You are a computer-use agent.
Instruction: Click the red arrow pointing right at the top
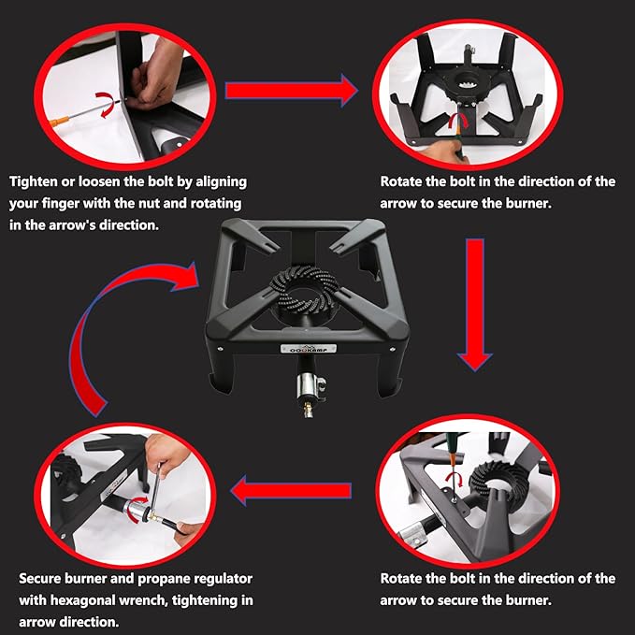click(x=292, y=91)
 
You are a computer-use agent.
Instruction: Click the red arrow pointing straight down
click(x=475, y=305)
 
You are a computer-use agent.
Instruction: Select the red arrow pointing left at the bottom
click(x=291, y=490)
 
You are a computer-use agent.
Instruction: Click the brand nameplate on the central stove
click(x=309, y=349)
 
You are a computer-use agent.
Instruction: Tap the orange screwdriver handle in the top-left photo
click(x=59, y=121)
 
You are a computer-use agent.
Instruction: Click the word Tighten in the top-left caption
click(x=34, y=181)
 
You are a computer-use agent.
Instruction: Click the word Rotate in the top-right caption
click(x=401, y=181)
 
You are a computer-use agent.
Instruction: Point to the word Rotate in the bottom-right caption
click(x=401, y=578)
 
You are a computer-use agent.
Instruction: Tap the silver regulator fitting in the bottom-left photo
click(x=137, y=510)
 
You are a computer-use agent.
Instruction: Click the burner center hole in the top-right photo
click(x=469, y=85)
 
